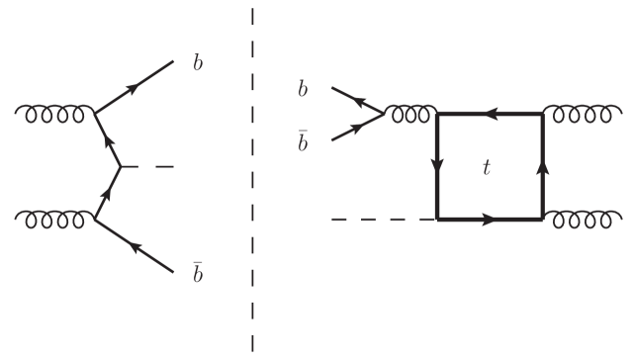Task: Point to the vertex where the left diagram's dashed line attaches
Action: click(x=121, y=166)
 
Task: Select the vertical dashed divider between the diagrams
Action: click(x=253, y=178)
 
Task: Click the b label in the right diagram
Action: click(x=303, y=90)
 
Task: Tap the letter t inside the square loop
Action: click(x=486, y=169)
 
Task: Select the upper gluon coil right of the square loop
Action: click(x=579, y=114)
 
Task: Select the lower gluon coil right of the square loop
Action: click(x=579, y=218)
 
